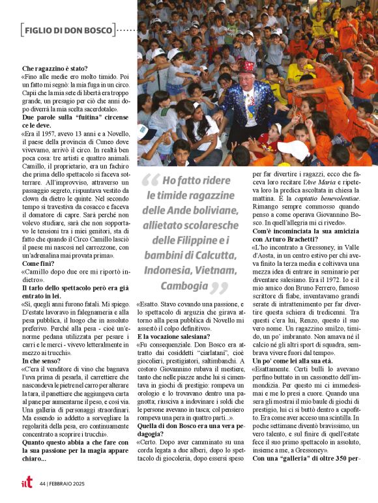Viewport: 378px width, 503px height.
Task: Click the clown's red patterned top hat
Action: coord(247,68)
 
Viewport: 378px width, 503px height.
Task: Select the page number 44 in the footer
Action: coord(42,483)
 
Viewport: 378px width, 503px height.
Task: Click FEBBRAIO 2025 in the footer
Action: coord(68,483)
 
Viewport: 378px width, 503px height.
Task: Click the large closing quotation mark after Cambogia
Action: coord(220,288)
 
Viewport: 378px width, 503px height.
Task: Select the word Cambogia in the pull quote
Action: coord(180,286)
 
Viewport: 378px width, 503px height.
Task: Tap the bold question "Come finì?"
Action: coord(38,263)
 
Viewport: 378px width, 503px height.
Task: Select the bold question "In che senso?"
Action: coord(42,360)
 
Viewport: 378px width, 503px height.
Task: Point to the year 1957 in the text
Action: coord(53,134)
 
